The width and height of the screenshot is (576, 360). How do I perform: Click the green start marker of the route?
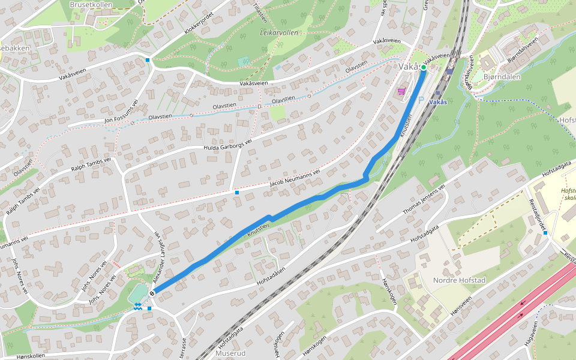pos(424,68)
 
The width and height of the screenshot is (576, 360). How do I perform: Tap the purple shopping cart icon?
pos(401,91)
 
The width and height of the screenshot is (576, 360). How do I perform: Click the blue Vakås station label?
pos(438,103)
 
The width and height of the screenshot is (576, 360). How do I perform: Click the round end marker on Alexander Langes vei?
pos(152,293)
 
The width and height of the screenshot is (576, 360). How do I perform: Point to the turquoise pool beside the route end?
pos(137,293)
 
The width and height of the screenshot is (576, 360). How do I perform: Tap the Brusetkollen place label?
pos(91,4)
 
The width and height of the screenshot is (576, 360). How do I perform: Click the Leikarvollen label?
pos(279,33)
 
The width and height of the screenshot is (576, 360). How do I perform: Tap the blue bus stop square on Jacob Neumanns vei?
pos(237,193)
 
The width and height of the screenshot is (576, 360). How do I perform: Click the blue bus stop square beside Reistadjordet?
pos(545,233)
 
